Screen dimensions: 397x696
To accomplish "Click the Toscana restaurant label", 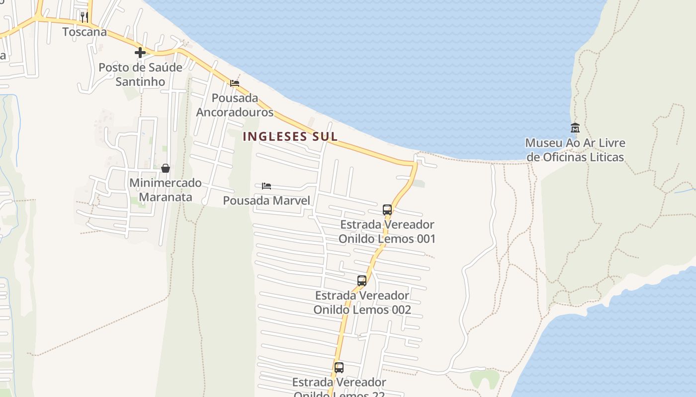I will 85,32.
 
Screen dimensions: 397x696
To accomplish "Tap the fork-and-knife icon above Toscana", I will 85,17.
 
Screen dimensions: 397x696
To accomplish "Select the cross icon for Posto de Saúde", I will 140,52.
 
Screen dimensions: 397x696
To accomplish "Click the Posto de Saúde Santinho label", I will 140,74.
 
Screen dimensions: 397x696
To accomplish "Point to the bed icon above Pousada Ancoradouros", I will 235,83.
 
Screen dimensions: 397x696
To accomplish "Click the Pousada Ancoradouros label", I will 235,105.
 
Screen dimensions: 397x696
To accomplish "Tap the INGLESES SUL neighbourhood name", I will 290,136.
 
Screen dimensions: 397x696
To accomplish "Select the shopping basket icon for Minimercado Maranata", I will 166,169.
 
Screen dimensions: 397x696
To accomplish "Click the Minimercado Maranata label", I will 166,190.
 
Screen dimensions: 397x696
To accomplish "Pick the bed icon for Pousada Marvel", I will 266,186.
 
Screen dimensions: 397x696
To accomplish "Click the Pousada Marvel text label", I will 266,200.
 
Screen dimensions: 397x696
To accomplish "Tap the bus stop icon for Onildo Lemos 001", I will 387,209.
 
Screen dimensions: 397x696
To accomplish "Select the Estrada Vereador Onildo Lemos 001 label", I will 387,231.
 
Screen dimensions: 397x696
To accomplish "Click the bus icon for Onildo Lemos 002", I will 362,280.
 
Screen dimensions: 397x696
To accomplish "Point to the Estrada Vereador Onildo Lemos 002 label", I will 362,302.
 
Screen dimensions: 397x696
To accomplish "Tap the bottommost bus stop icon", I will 339,368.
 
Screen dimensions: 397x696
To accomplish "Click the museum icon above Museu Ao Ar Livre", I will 575,128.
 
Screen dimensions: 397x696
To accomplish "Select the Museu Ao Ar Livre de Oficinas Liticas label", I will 575,150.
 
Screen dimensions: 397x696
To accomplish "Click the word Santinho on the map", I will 140,81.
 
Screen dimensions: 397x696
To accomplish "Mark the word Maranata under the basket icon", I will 166,197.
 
